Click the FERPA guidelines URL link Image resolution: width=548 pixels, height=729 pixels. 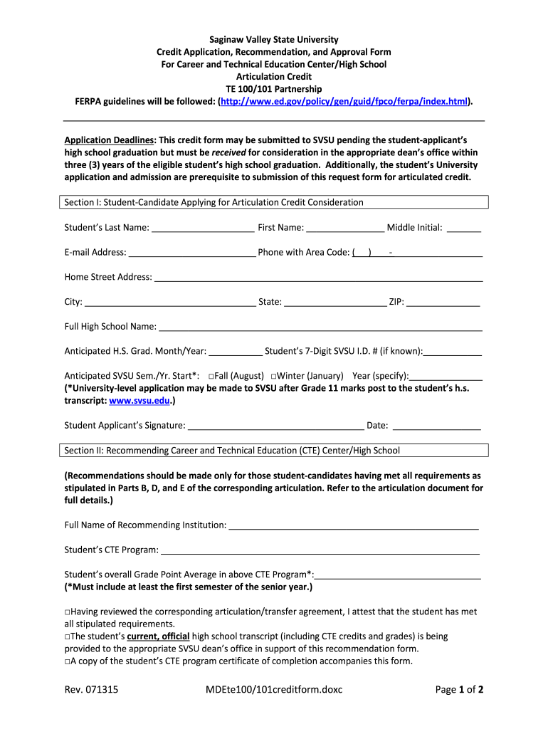[344, 102]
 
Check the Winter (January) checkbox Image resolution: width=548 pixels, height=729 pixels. [274, 376]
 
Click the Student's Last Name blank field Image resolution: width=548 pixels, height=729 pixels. [203, 229]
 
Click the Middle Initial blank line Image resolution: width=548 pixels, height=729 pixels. [464, 229]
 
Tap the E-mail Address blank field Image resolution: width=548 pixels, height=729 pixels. [192, 253]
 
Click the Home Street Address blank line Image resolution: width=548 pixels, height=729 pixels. [318, 278]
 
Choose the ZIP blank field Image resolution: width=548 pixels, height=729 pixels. [443, 303]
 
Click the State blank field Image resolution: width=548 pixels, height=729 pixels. [334, 303]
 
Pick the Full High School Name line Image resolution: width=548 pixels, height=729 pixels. [320, 327]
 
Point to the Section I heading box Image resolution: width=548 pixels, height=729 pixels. [274, 202]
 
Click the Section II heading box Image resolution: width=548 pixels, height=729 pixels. [274, 450]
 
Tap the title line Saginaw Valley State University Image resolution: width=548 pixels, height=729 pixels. [274, 39]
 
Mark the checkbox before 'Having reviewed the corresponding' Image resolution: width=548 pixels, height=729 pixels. [67, 612]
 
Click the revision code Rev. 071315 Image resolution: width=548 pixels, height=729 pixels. [91, 689]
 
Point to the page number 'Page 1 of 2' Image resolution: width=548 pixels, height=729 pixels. [459, 689]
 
